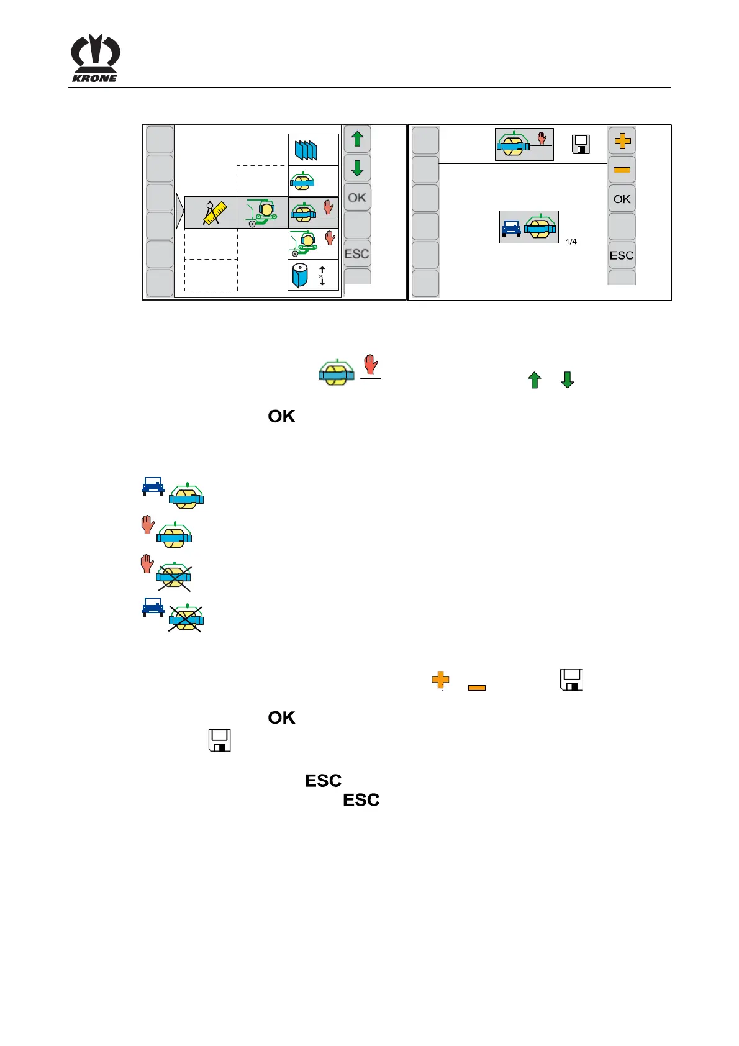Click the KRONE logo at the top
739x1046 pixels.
point(95,58)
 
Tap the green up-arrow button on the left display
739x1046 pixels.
point(357,139)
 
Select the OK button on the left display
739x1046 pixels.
point(357,198)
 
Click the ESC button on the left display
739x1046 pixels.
point(356,254)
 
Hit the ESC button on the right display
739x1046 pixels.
point(622,255)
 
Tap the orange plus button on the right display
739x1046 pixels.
point(622,142)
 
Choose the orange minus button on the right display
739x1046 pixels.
point(622,170)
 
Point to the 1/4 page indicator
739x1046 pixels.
point(571,242)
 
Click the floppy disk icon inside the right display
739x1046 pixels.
point(581,144)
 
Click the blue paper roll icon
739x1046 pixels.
point(301,275)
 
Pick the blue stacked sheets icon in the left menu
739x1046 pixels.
point(306,150)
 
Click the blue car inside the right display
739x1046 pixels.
point(511,229)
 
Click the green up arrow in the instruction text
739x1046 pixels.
point(535,380)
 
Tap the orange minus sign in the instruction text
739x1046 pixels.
point(476,688)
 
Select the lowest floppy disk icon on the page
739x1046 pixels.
point(220,740)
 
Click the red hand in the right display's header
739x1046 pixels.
point(542,138)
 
